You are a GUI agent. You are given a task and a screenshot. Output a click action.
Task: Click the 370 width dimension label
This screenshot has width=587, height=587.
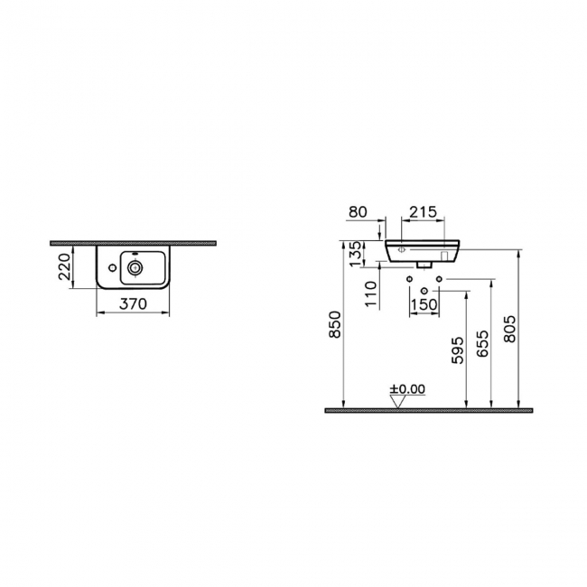[133, 304]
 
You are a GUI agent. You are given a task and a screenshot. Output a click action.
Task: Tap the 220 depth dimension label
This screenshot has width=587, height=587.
[65, 267]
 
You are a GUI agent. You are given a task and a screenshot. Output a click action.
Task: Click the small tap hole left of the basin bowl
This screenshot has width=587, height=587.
[108, 267]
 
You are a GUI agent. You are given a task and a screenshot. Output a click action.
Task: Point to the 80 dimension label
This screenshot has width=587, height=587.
[358, 213]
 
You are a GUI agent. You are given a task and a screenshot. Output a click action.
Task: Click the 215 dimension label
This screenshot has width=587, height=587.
[423, 213]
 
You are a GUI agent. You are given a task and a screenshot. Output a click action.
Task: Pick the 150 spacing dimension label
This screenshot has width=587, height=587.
[424, 304]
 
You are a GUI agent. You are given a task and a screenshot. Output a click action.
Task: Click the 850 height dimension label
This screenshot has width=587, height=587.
[335, 326]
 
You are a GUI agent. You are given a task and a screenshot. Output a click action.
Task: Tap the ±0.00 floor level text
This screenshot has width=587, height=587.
[407, 389]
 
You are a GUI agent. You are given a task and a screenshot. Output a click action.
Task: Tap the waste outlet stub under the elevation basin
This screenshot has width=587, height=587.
[424, 266]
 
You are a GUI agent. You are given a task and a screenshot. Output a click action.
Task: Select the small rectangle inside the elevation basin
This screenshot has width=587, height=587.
[444, 254]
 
